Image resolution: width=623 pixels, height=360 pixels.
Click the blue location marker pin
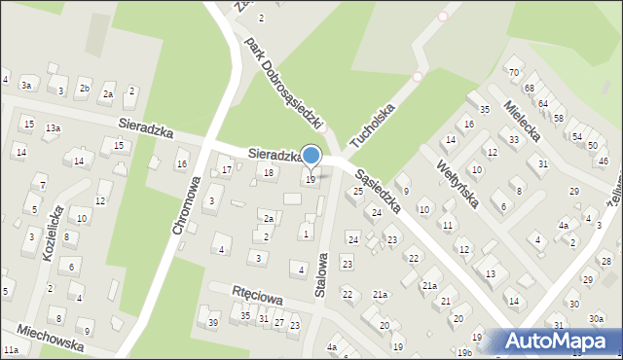(x=311, y=156)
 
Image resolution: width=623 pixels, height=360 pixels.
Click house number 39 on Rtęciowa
(x=213, y=323)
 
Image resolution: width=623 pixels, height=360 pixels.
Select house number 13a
(x=53, y=128)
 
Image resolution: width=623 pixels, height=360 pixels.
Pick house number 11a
(x=11, y=349)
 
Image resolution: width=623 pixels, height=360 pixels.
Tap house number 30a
(x=596, y=317)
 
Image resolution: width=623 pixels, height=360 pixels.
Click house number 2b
(x=85, y=90)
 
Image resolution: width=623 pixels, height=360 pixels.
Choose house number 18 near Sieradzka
(x=270, y=173)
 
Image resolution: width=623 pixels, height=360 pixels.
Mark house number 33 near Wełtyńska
(x=513, y=140)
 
